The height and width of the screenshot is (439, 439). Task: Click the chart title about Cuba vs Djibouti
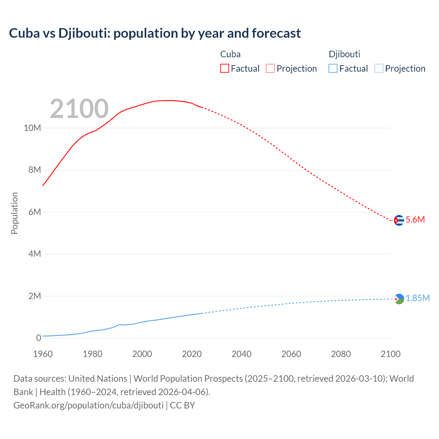pos(155,33)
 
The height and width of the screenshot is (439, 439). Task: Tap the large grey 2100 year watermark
pos(79,109)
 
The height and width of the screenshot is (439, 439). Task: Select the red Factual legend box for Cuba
pos(224,68)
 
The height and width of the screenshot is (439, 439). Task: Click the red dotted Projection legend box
pos(270,68)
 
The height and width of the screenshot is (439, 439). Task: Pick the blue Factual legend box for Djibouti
pos(333,68)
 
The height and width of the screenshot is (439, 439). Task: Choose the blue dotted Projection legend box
pos(379,68)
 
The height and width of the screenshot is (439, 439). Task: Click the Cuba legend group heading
pos(230,54)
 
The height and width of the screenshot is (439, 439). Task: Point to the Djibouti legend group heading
pos(344,54)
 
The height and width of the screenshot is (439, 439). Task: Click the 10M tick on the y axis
pos(32,128)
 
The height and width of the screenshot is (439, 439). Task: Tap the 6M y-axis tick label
pos(35,212)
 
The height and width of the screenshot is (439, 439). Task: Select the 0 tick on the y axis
pos(38,338)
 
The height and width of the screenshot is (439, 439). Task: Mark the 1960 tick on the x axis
pos(43,354)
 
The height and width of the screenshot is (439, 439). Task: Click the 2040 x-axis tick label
pos(241,354)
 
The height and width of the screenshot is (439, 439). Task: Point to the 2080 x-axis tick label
pos(341,354)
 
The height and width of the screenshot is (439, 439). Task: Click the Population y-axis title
pos(14,213)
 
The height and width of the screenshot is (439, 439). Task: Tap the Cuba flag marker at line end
pos(399,220)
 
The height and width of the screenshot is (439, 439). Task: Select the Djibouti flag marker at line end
pos(399,299)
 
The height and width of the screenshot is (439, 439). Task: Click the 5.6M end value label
pos(415,220)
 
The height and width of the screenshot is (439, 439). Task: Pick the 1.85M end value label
pos(418,298)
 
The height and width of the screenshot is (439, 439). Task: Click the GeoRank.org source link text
pos(88,405)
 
